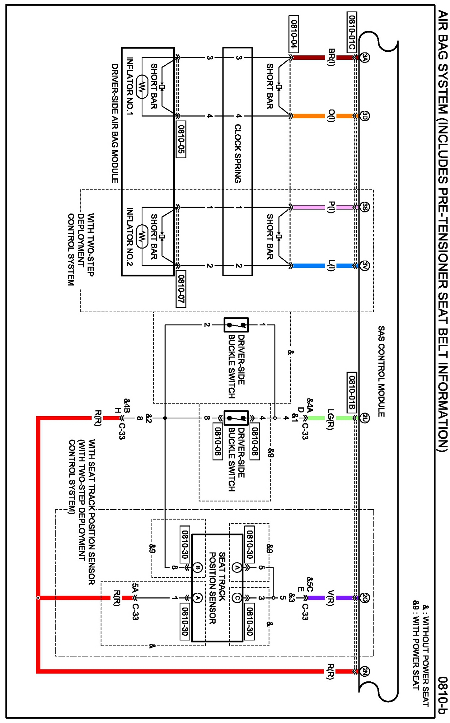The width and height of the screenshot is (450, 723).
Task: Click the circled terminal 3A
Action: (365, 57)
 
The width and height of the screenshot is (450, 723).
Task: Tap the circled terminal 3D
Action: (365, 116)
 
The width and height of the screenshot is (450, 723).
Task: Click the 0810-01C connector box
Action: (352, 32)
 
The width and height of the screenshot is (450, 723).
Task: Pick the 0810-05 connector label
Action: (181, 139)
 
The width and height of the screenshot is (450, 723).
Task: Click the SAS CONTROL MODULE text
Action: (381, 371)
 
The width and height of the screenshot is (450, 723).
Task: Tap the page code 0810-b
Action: (442, 695)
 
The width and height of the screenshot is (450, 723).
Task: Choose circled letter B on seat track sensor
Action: (197, 567)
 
